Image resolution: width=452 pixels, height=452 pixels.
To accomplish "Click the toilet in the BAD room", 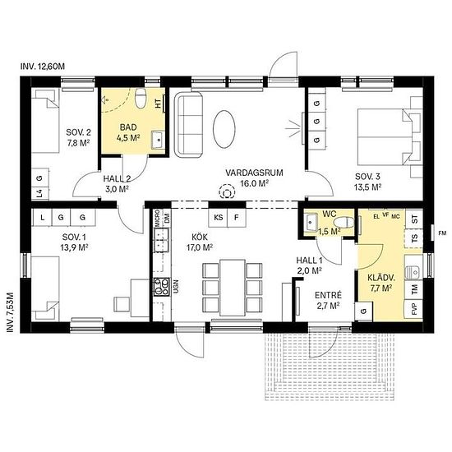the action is coord(141,98).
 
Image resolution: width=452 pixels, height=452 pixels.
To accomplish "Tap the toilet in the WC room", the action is coord(344,223).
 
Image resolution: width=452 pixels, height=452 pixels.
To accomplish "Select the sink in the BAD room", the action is coord(159,140).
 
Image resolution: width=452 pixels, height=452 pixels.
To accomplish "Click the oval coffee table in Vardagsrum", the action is coord(224,129).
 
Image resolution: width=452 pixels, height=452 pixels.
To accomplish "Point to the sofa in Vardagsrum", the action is coord(188,125).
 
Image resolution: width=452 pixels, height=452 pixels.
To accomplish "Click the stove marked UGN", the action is coord(161,287).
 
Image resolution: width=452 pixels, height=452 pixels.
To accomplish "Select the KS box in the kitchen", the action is coord(219,217).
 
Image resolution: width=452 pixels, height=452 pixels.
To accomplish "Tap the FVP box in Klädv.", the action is coord(414,309).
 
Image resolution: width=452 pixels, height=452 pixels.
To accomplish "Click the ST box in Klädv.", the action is coord(414,219).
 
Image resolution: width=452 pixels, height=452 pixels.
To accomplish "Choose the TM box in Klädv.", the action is coord(414,289).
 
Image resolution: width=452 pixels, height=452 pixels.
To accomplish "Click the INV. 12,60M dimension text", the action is coord(43,67).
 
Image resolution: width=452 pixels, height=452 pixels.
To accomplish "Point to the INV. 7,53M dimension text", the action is coord(11,312).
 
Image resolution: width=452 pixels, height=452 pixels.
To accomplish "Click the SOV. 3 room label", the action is coord(367,177).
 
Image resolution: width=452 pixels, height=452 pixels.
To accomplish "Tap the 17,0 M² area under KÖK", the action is coord(200,247).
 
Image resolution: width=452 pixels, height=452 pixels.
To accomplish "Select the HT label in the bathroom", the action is coord(159,104).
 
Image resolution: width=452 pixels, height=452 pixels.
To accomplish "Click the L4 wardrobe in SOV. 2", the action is coord(40,193).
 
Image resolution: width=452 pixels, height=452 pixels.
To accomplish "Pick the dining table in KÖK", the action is coord(233,288).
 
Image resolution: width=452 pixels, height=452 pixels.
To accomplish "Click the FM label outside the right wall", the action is coord(442,233).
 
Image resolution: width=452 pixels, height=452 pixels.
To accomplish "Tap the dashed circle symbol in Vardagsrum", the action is coord(227,191).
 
